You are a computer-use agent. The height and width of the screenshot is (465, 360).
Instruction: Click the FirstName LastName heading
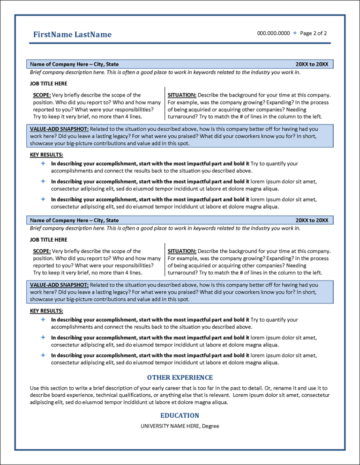point(72,35)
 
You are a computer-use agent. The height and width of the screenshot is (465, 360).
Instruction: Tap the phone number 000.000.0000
point(273,33)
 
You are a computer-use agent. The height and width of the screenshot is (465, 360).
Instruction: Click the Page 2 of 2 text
point(313,33)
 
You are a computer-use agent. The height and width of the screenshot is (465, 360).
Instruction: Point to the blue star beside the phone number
point(294,33)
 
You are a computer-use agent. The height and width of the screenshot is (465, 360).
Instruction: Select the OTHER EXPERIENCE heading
point(180,377)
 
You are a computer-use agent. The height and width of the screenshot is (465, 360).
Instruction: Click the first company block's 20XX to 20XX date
point(312,64)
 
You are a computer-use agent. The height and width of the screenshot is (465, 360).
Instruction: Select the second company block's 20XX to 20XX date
point(312,220)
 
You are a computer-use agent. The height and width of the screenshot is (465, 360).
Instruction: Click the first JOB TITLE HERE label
point(48,84)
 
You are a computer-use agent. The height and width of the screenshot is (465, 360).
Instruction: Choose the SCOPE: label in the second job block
point(42,251)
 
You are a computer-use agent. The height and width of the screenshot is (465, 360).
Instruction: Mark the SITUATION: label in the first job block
point(182,95)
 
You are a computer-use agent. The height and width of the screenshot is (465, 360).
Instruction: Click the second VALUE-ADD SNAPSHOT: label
point(59,285)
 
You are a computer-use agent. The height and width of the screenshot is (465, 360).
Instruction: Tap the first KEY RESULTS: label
point(46,155)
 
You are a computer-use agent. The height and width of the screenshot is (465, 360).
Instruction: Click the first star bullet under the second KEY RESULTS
point(42,320)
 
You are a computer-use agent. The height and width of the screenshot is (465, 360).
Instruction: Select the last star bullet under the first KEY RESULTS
point(42,199)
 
